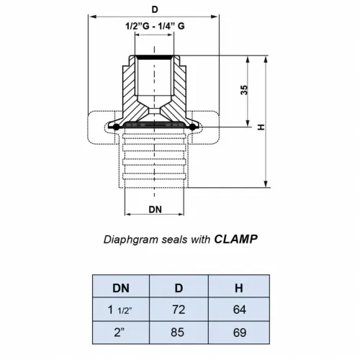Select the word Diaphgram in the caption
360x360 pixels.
click(x=127, y=238)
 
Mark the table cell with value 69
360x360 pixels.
click(x=238, y=333)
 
